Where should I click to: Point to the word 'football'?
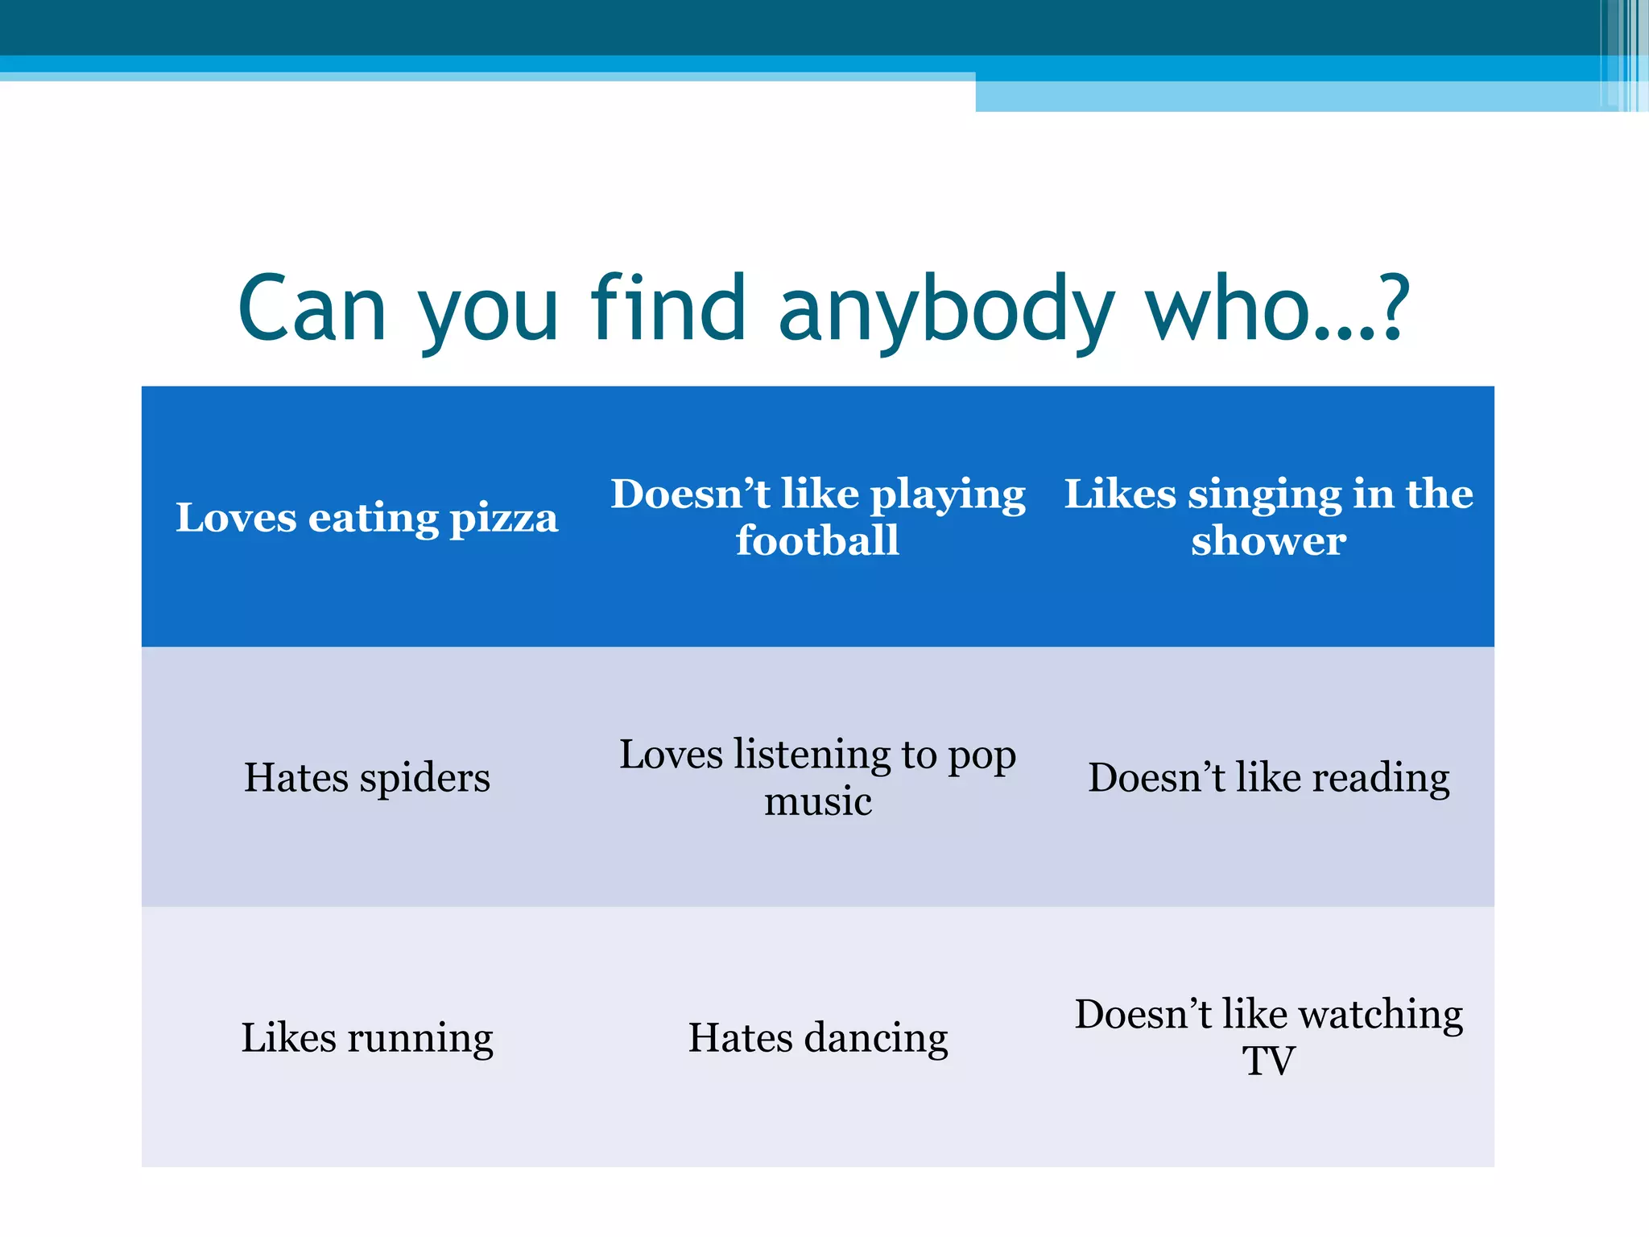(817, 540)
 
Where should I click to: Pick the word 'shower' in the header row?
(1268, 540)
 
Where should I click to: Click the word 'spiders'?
(424, 779)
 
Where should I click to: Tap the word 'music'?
(817, 801)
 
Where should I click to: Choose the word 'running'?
(419, 1039)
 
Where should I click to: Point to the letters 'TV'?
(1268, 1061)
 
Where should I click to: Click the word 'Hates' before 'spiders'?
(296, 778)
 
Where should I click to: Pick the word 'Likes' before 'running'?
(288, 1038)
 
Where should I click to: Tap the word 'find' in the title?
(668, 308)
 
